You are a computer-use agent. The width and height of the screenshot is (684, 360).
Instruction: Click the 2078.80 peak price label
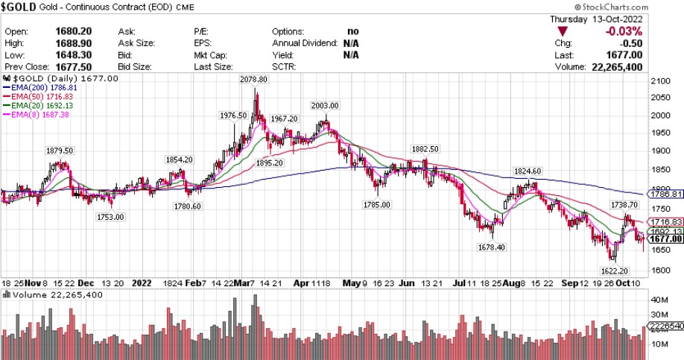pyautogui.click(x=254, y=80)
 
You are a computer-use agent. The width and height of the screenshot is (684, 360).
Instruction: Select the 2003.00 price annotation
pyautogui.click(x=325, y=106)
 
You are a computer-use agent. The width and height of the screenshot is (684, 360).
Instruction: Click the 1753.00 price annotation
pyautogui.click(x=110, y=217)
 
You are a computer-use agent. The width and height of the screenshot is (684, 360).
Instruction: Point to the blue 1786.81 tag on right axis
pyautogui.click(x=666, y=195)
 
